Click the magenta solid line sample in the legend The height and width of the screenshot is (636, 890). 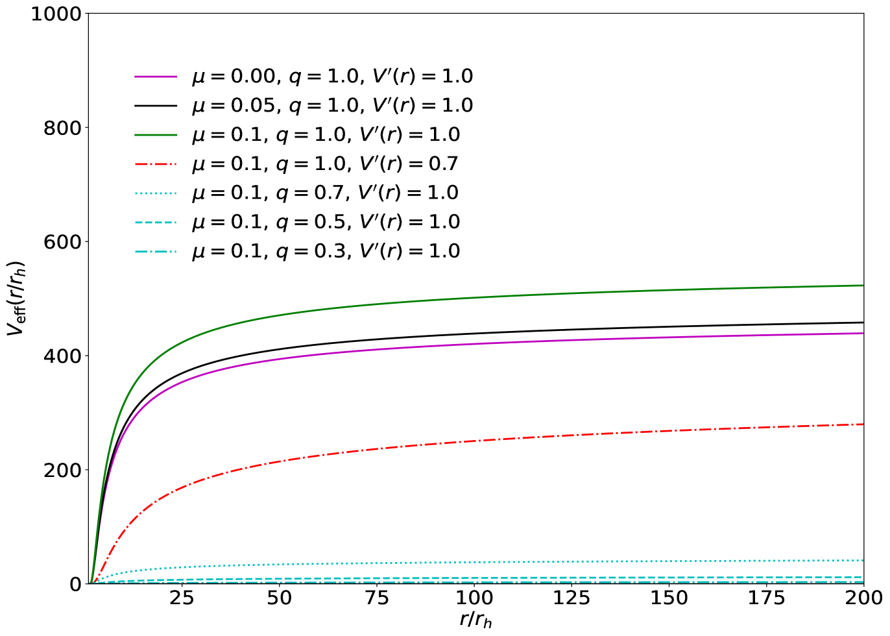pos(156,77)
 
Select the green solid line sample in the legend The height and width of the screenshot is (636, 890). pos(156,135)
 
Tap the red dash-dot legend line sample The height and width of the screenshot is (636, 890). pos(156,164)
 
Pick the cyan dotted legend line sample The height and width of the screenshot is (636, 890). pos(156,193)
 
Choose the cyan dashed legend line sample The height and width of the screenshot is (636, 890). pos(156,223)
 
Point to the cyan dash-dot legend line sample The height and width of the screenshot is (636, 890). pos(156,252)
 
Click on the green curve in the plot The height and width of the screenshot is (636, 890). pos(454,299)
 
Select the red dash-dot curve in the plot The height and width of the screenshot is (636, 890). pos(454,442)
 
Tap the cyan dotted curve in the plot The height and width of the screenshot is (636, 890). pos(454,562)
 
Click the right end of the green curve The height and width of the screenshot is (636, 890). pos(863,285)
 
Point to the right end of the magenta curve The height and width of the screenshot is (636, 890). pos(863,333)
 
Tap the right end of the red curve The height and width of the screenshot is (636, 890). pos(863,424)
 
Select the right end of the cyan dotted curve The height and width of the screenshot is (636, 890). pos(863,560)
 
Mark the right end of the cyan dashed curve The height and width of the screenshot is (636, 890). pos(863,577)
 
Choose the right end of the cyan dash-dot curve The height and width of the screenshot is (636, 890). pos(863,582)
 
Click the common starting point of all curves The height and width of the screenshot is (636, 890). pos(91,582)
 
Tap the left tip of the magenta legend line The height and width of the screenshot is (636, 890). pos(136,77)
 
